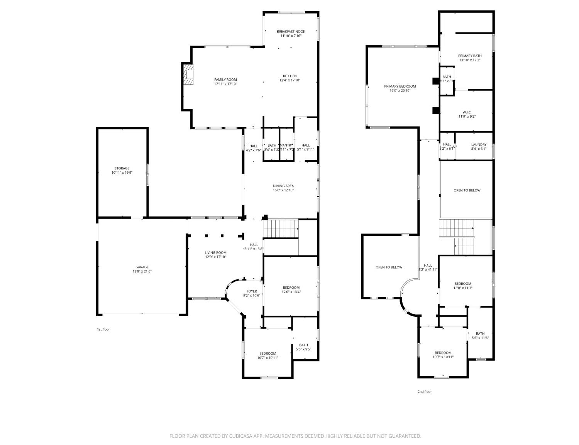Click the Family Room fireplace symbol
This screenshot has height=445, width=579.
click(189, 74)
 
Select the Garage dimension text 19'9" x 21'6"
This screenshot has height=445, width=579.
click(142, 271)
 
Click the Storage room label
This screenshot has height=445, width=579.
click(122, 168)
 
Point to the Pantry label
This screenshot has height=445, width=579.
click(286, 145)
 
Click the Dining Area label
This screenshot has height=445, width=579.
click(283, 186)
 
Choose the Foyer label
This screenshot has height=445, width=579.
click(252, 291)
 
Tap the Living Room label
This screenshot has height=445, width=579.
click(215, 252)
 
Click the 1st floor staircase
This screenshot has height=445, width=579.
click(281, 228)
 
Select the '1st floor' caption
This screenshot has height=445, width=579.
click(103, 329)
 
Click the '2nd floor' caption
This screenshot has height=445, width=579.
click(425, 391)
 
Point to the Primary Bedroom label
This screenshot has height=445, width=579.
click(400, 86)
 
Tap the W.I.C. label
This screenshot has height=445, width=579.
click(467, 112)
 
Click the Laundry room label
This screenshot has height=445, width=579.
click(479, 145)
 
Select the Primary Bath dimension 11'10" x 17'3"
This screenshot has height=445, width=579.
click(470, 60)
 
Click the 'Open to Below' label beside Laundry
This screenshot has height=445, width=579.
click(467, 190)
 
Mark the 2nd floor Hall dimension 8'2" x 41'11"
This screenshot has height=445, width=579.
click(428, 269)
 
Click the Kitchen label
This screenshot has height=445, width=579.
click(290, 76)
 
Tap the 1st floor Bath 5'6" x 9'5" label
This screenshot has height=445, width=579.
click(303, 345)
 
